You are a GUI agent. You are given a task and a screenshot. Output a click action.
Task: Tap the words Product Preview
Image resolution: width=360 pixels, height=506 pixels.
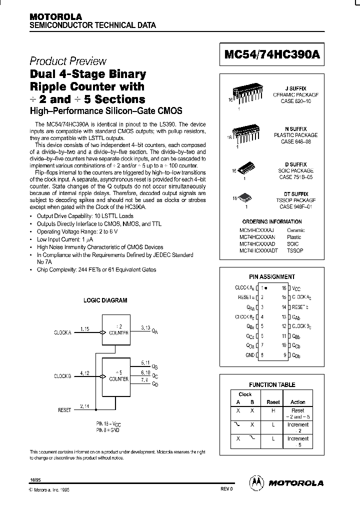pos(68,61)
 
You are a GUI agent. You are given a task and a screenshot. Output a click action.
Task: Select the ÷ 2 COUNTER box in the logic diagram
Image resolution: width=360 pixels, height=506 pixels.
pos(115,330)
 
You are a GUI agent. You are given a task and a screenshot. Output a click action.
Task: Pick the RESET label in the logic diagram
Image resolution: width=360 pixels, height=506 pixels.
pos(64,410)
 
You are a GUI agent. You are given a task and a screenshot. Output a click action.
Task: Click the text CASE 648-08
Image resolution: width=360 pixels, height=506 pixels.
pos(296,141)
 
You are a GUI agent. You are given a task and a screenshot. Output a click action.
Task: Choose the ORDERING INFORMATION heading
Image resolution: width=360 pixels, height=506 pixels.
pos(272,221)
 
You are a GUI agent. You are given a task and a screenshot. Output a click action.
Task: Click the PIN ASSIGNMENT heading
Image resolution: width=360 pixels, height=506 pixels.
pos(272,276)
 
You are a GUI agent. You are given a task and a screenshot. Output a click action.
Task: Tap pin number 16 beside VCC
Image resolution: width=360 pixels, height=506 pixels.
pos(284,288)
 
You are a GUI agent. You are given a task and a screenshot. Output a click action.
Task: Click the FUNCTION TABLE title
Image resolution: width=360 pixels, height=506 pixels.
pos(272,384)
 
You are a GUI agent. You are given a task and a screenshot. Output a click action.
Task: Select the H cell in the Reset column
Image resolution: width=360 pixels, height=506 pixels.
pos(273,410)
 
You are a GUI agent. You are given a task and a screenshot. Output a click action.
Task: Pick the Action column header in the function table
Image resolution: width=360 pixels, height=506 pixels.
pos(297,402)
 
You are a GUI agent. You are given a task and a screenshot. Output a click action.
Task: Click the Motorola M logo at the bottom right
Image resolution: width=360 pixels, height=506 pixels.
pos(256,482)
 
